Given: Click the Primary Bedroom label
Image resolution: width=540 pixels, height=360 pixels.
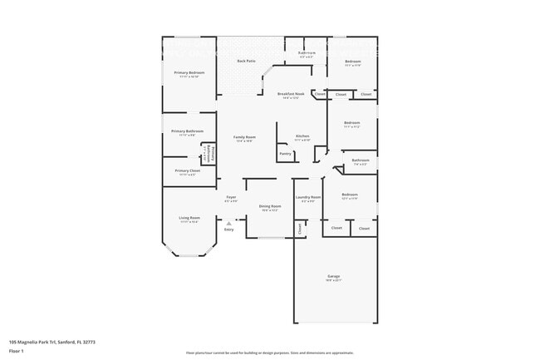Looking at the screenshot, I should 189,72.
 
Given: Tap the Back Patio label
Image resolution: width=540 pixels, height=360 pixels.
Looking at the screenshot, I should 246,61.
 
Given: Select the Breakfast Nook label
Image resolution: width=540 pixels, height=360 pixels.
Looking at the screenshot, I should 291,94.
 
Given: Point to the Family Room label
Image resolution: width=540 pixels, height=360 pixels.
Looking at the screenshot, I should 243,136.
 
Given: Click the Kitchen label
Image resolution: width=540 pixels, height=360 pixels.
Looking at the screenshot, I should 302,136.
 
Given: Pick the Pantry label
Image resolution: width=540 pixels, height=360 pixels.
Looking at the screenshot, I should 285,153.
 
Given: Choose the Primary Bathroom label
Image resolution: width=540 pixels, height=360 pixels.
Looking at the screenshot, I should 188,131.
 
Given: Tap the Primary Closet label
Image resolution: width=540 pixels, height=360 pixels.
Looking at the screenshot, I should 188,170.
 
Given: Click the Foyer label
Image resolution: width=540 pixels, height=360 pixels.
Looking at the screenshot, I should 232,197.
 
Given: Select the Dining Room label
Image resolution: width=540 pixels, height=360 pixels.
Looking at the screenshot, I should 270,205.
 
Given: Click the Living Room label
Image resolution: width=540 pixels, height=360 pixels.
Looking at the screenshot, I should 189,218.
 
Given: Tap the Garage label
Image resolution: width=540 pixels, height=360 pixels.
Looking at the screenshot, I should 333,275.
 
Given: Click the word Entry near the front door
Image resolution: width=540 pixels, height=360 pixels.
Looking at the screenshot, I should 228,229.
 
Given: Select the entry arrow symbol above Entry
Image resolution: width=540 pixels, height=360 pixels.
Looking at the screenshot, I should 228,222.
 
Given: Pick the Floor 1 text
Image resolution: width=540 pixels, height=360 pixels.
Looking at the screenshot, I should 17,351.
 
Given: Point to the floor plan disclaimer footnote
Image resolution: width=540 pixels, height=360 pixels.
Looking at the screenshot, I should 269,353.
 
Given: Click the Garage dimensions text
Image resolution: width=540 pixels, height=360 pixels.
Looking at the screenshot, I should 333,280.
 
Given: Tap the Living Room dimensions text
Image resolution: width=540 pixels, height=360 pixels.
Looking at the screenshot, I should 189,222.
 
